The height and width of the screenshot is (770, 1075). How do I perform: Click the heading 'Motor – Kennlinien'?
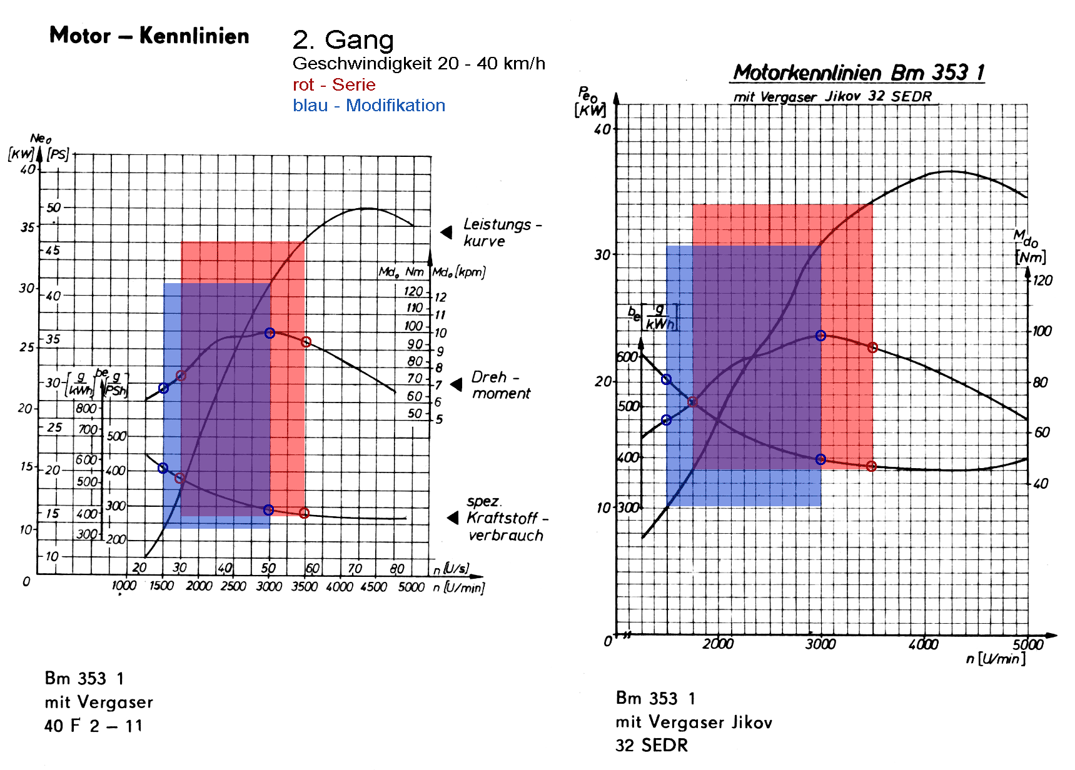point(149,36)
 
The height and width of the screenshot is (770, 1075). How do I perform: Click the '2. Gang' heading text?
point(343,40)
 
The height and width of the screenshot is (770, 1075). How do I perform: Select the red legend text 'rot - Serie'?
point(334,85)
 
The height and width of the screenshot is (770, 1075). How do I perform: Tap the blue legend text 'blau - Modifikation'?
point(369,106)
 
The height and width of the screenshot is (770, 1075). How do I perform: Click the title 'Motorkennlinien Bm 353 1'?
point(858,72)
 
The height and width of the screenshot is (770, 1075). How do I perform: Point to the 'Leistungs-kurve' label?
point(502,232)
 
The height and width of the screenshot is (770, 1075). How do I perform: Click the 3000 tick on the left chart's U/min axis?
point(269,586)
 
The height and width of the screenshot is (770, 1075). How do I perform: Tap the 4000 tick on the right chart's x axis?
point(923,644)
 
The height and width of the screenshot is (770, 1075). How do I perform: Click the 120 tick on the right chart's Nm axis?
point(1042,281)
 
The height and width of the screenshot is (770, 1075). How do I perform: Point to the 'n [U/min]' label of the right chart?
point(996,659)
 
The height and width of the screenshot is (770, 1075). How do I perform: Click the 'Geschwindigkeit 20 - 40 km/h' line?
point(418,64)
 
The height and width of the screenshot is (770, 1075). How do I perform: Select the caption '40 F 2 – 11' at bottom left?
point(93,726)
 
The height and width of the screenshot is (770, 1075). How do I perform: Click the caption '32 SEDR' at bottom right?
point(652,746)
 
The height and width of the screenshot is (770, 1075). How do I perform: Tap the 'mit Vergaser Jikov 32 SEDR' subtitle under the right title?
point(832,97)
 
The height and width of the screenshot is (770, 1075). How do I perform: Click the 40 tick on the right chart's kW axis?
point(602,129)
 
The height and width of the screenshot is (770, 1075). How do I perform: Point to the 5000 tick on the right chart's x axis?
point(1027,644)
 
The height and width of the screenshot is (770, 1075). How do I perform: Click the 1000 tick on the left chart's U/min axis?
point(124,586)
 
